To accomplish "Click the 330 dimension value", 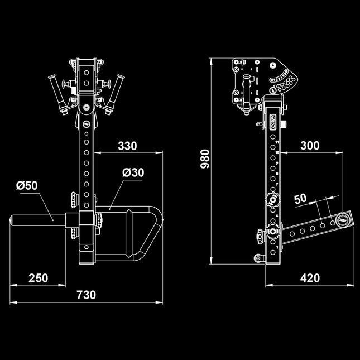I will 127,146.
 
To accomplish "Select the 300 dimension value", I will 310,146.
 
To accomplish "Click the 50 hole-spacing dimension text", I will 300,199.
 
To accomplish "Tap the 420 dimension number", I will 310,277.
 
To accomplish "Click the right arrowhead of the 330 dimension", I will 159,152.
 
